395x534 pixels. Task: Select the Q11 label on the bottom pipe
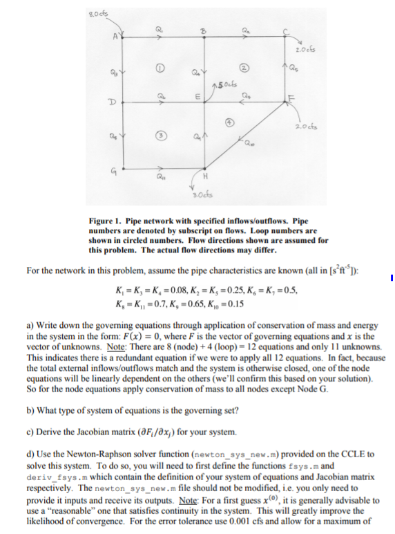160,184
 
